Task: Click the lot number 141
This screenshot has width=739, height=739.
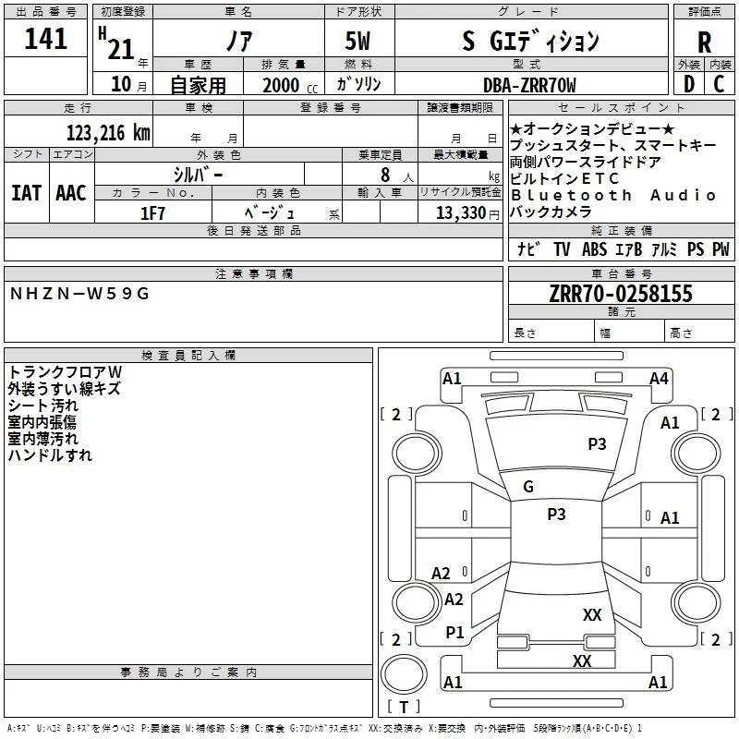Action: click(45, 39)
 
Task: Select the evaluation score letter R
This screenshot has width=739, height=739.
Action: click(704, 42)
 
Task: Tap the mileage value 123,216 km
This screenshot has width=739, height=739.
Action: click(108, 133)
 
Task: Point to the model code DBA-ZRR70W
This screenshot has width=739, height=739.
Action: click(529, 85)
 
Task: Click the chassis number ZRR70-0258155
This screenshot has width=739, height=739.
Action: click(621, 293)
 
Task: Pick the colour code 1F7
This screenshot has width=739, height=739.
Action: click(152, 213)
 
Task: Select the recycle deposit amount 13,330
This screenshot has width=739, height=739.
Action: click(460, 213)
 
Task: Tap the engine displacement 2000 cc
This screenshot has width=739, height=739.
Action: click(290, 85)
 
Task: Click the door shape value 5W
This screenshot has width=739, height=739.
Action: click(357, 41)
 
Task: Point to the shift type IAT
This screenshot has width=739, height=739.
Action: click(27, 193)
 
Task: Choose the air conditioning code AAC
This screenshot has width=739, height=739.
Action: click(71, 193)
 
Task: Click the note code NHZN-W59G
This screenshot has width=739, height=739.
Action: click(79, 294)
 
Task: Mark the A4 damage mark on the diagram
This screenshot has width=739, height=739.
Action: click(659, 379)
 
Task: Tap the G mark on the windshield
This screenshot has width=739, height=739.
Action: click(528, 487)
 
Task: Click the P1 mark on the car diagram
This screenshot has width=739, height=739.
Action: click(454, 633)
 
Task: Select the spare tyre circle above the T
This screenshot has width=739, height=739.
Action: click(404, 674)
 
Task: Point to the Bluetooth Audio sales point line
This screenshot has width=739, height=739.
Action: click(613, 195)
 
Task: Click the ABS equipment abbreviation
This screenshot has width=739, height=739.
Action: click(594, 249)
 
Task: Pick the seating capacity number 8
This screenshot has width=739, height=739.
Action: click(385, 175)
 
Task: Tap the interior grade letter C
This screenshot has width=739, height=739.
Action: click(719, 84)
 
